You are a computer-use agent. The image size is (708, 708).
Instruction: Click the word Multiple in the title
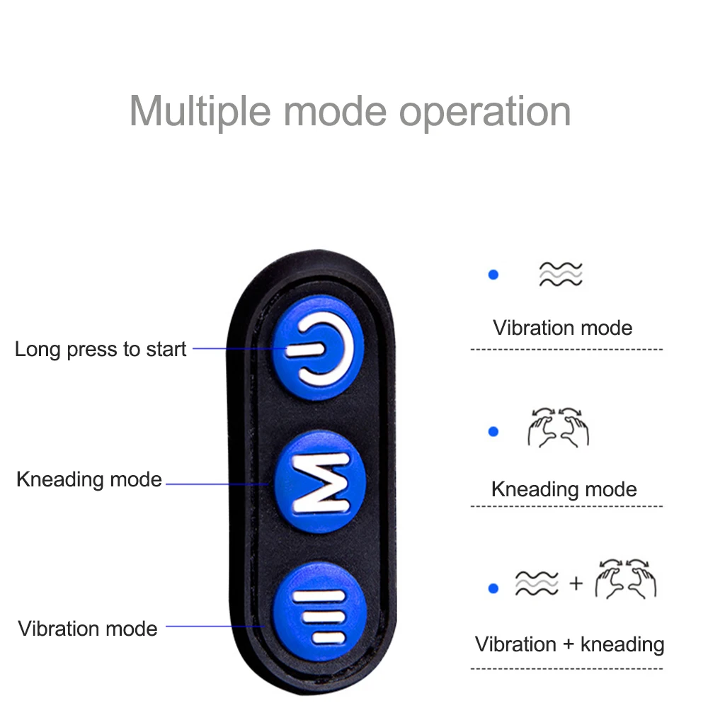pyautogui.click(x=200, y=112)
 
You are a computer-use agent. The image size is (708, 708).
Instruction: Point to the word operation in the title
pyautogui.click(x=485, y=112)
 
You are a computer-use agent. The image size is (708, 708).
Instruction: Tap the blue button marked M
pyautogui.click(x=320, y=483)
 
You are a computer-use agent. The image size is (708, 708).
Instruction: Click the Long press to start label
pyautogui.click(x=101, y=349)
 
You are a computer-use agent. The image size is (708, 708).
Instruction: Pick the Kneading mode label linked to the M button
pyautogui.click(x=89, y=479)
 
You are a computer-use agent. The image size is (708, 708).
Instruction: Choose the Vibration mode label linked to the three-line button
pyautogui.click(x=88, y=629)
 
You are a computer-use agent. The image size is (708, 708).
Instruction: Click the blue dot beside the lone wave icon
pyautogui.click(x=493, y=275)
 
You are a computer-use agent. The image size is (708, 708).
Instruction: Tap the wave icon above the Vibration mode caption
pyautogui.click(x=561, y=274)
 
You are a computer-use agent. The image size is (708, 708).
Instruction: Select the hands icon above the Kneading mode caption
pyautogui.click(x=558, y=428)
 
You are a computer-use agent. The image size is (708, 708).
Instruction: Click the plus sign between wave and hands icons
pyautogui.click(x=576, y=583)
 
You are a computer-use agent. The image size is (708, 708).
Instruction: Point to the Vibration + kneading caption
pyautogui.click(x=569, y=644)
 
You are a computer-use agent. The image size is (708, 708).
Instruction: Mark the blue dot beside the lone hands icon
pyautogui.click(x=493, y=432)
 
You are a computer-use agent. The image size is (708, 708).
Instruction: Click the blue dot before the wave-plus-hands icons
pyautogui.click(x=493, y=588)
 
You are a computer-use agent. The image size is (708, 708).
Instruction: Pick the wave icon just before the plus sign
pyautogui.click(x=537, y=583)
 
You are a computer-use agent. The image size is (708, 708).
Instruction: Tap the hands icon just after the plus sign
pyautogui.click(x=626, y=579)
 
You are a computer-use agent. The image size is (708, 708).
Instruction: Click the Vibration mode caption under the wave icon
pyautogui.click(x=563, y=328)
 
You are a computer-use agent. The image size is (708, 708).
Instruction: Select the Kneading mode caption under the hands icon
pyautogui.click(x=564, y=489)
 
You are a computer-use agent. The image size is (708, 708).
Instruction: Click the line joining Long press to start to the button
pyautogui.click(x=239, y=348)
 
